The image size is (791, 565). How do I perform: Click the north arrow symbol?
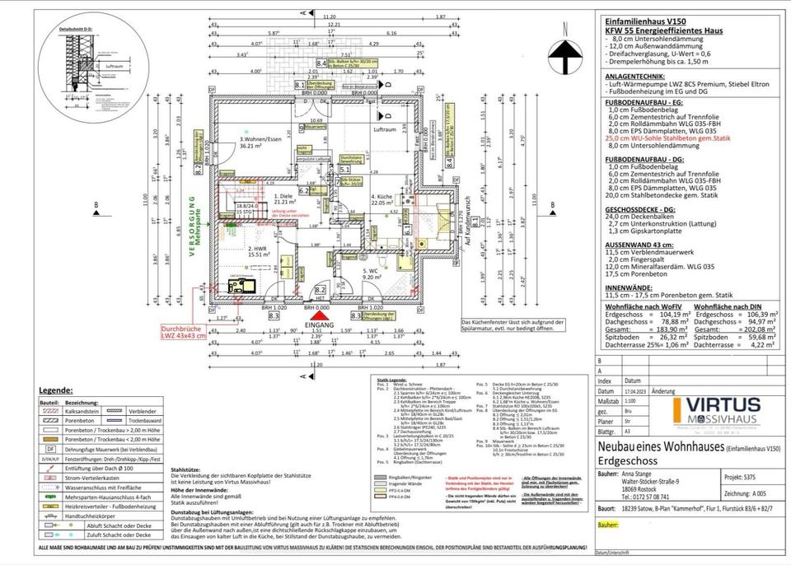click(565, 56)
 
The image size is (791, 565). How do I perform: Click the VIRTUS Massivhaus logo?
click(717, 409)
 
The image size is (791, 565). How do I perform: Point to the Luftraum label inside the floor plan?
click(385, 130)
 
